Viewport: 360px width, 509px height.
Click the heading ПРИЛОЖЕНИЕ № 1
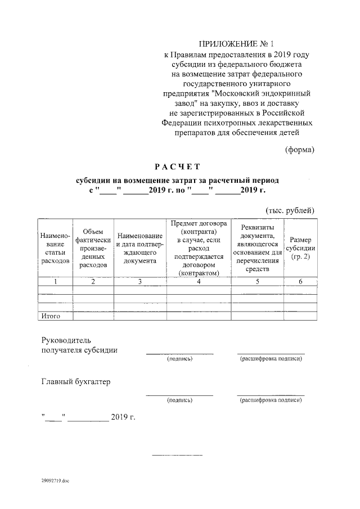[237, 44]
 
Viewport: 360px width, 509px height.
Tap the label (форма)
[299, 149]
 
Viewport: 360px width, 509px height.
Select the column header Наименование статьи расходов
[56, 248]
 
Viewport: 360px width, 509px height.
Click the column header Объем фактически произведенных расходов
[93, 248]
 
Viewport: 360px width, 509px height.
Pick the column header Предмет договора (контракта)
[199, 248]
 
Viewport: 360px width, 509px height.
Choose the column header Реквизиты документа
[257, 248]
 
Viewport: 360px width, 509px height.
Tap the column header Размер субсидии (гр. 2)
[300, 248]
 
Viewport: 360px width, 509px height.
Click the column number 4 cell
[199, 282]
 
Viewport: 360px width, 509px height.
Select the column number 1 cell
[56, 282]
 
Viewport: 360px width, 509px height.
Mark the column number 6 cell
[300, 282]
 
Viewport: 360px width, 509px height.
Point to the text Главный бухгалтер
[76, 382]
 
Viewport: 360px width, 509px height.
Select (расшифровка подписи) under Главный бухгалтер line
[271, 400]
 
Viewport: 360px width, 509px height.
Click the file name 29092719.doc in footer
[55, 481]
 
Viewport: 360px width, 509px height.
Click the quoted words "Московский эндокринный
[260, 93]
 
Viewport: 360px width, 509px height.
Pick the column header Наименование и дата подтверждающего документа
[140, 248]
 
